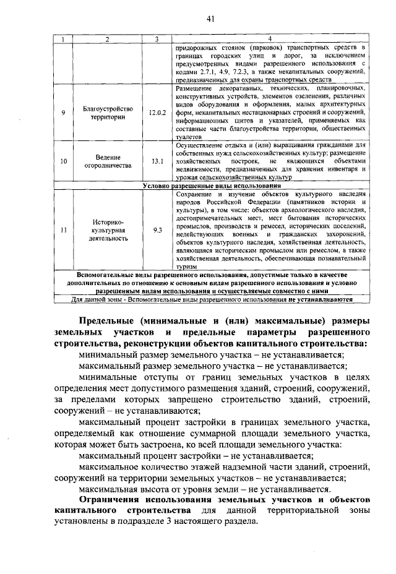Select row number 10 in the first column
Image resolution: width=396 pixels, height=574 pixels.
pyautogui.click(x=62, y=161)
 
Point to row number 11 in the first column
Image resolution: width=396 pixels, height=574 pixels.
pyautogui.click(x=62, y=229)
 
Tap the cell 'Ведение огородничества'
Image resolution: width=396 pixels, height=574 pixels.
pyautogui.click(x=108, y=161)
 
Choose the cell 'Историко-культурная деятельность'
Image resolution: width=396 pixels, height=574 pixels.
pyautogui.click(x=108, y=229)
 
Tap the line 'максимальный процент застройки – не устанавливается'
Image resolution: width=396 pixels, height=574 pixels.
pyautogui.click(x=196, y=456)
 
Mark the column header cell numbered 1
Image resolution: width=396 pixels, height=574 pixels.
pyautogui.click(x=62, y=40)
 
